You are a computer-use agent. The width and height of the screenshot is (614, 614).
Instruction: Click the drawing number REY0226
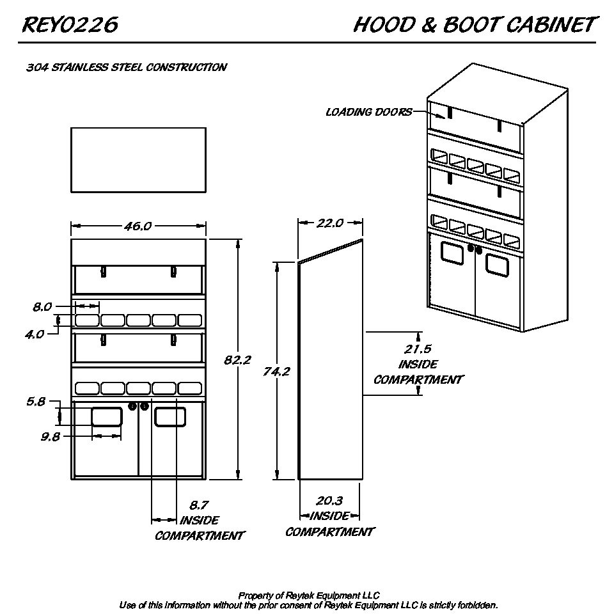[70, 25]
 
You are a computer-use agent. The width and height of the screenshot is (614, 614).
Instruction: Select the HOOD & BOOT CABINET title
[474, 25]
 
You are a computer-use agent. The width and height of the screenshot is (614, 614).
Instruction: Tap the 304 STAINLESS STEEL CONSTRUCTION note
[126, 67]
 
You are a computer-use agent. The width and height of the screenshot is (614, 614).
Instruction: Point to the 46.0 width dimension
[138, 226]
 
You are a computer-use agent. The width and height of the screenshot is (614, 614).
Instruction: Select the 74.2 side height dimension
[276, 371]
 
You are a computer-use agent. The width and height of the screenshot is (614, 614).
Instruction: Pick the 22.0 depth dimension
[330, 223]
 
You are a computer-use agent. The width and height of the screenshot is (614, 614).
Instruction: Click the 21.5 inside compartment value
[418, 349]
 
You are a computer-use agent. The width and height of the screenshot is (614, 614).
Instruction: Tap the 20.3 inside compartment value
[329, 501]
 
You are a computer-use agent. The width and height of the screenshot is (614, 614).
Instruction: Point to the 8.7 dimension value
[199, 505]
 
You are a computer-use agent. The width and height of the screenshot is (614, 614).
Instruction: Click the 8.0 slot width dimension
[42, 307]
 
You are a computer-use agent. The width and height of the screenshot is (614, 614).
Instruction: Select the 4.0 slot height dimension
[35, 333]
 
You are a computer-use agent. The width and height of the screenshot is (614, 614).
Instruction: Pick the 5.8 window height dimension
[36, 402]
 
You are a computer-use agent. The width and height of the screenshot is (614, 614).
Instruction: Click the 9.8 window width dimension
[50, 437]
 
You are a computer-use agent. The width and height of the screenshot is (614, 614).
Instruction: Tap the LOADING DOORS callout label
[368, 113]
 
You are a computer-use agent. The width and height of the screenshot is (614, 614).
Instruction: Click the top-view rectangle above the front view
[138, 160]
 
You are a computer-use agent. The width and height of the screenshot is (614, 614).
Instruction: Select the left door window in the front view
[107, 416]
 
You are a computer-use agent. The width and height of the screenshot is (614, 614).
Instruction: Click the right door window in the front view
[170, 416]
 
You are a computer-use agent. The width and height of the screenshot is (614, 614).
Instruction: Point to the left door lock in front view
[133, 406]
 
